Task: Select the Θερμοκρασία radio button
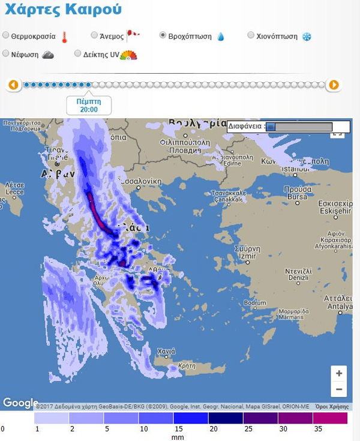coord(6,35)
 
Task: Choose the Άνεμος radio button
coord(94,35)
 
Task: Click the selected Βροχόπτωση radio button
coord(163,35)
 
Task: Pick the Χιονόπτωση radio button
coord(251,35)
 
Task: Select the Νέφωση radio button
coord(6,53)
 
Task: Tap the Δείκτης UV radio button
coord(78,53)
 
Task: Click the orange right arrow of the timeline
coord(334,85)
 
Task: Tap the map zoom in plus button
coord(339,373)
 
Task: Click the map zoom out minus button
coord(339,389)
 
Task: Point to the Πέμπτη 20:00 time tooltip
coord(89,106)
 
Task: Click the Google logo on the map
coord(20,403)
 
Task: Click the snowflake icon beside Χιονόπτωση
coord(306,36)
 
